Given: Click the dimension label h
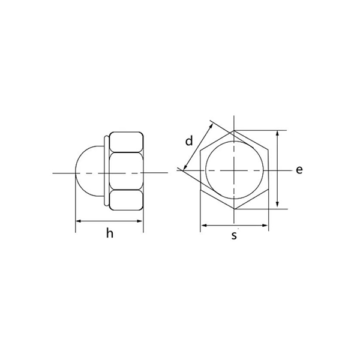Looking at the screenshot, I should [x=109, y=234].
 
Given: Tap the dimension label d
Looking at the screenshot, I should [x=188, y=142].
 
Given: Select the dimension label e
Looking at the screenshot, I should [x=299, y=170].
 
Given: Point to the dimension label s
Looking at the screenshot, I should [x=234, y=236].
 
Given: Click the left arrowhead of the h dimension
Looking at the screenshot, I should [x=78, y=223].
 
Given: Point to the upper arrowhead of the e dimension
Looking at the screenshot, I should [x=277, y=134].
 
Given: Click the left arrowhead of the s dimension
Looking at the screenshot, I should [x=203, y=226].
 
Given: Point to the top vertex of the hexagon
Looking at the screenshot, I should [x=234, y=130].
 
